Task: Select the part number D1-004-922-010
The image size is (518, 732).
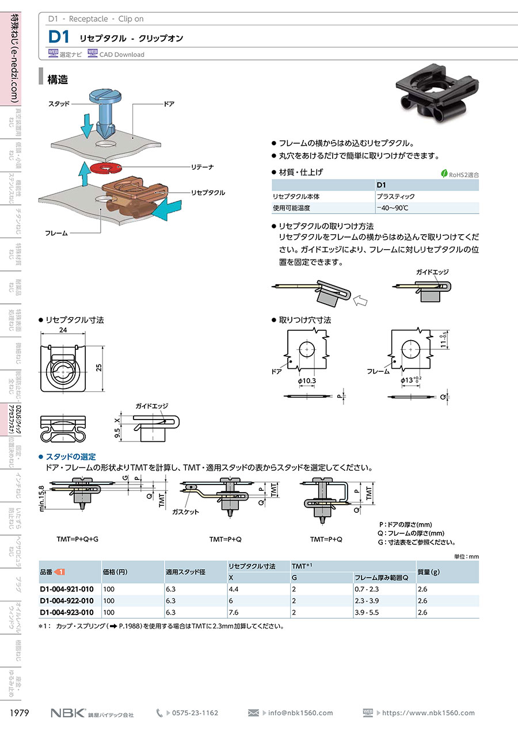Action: pos(66,600)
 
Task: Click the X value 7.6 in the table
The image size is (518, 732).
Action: pos(234,612)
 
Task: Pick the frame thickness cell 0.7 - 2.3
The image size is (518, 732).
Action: pos(366,589)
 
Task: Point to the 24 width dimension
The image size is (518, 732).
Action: pos(63,330)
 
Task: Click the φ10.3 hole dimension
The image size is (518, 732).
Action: pos(307,380)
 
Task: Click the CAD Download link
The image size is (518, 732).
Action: pos(121,55)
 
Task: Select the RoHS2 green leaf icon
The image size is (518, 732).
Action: pos(444,174)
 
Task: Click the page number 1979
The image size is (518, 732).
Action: pos(21,713)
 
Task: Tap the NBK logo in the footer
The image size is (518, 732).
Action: pos(68,713)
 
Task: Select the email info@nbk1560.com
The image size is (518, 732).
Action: pos(300,713)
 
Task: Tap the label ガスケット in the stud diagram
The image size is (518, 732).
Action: pos(185,512)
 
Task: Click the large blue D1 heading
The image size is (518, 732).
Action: pos(59,37)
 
